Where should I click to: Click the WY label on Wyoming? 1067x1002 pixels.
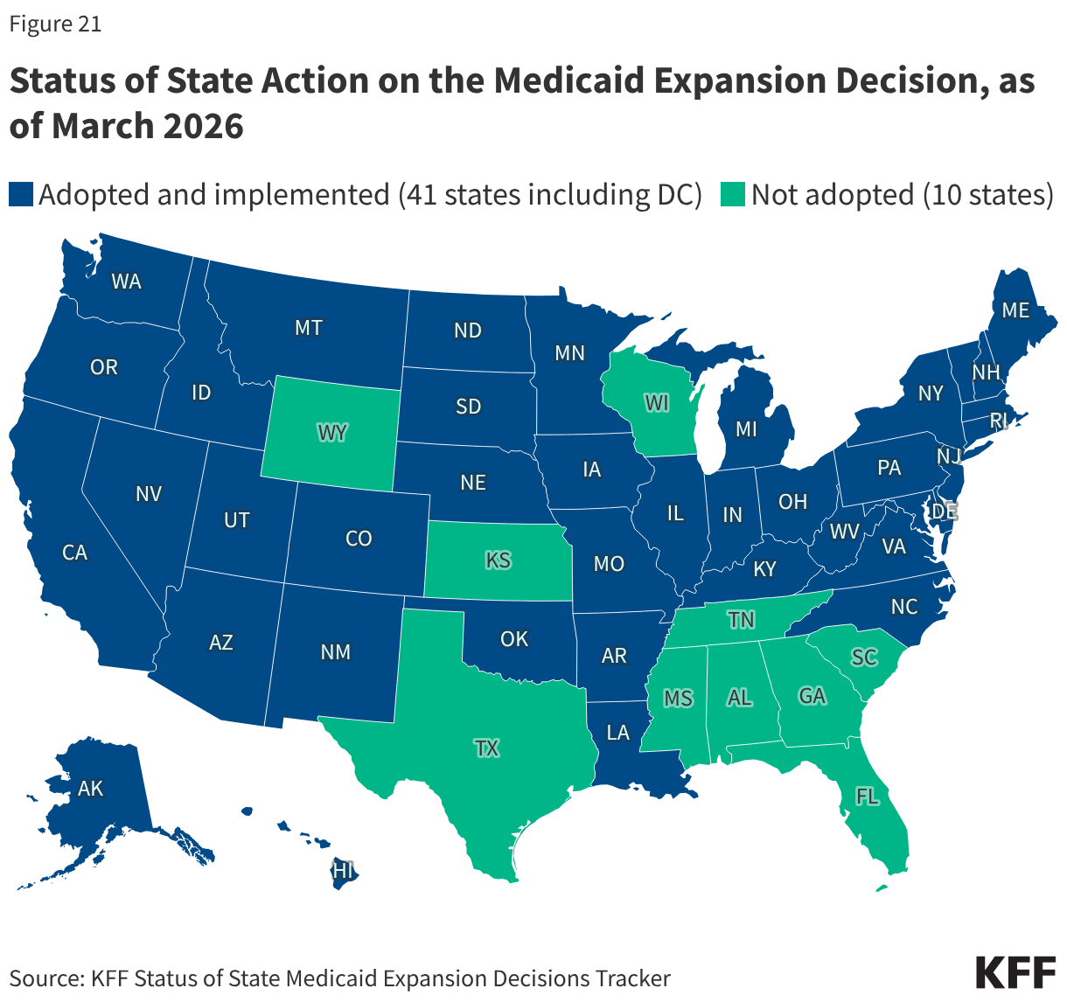(x=331, y=432)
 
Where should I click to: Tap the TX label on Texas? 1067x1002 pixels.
(x=487, y=748)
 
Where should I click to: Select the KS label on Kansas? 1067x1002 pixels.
(x=499, y=560)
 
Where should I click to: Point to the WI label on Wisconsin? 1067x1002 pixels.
(x=657, y=403)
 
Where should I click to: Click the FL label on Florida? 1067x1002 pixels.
(x=868, y=796)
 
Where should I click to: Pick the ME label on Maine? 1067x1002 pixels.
(x=1015, y=310)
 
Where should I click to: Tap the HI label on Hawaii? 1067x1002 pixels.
(x=343, y=871)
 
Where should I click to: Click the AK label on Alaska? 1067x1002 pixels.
(x=90, y=789)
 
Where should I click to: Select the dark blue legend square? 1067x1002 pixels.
(x=20, y=194)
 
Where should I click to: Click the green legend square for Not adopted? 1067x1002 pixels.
(x=733, y=194)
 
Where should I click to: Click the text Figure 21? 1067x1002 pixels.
(x=55, y=24)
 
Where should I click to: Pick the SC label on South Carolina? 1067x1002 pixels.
(x=864, y=657)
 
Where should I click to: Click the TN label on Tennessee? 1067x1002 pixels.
(x=742, y=620)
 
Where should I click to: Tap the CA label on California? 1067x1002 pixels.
(x=75, y=553)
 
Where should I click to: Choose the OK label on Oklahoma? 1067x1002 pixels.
(x=514, y=639)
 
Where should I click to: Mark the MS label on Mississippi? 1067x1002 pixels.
(x=678, y=698)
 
